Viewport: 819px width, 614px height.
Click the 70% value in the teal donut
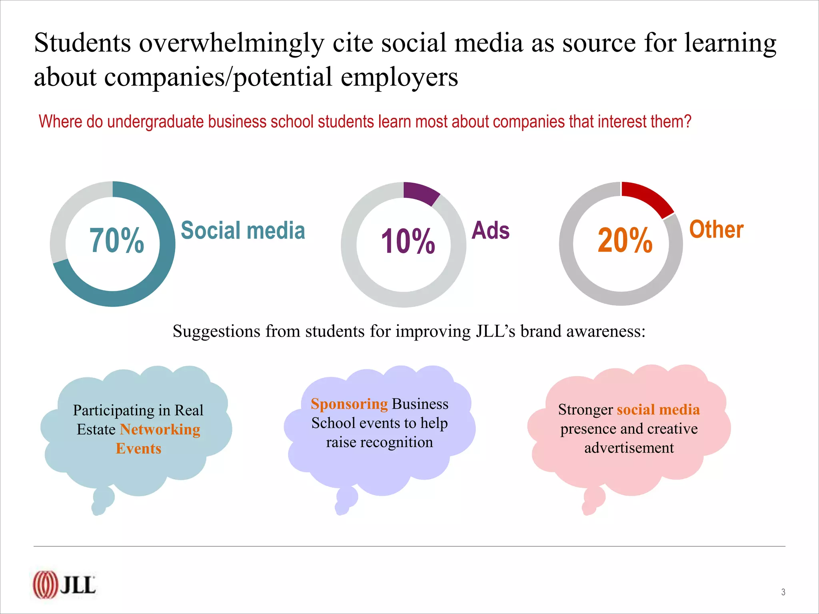tap(116, 240)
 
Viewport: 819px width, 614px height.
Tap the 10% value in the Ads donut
tap(408, 241)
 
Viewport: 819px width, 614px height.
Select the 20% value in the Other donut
tap(625, 240)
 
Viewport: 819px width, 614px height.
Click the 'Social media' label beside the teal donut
tap(243, 230)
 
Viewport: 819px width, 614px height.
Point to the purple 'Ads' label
tap(491, 230)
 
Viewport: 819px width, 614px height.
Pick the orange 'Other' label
tap(716, 229)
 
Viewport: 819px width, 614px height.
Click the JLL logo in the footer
tap(64, 585)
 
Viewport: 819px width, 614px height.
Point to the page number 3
tap(783, 592)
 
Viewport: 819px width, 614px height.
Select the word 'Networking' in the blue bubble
tap(160, 429)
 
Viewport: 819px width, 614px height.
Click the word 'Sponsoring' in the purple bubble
tap(349, 404)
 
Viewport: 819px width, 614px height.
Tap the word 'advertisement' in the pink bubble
tap(629, 448)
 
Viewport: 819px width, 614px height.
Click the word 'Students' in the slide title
tap(82, 42)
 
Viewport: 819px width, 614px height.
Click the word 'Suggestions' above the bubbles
tap(216, 331)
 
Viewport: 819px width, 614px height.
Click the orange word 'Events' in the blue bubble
tap(139, 449)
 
